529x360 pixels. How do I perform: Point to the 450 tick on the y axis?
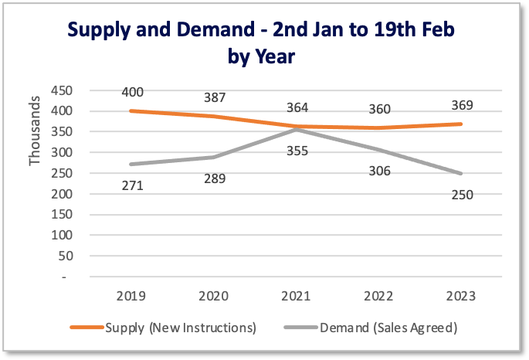[62, 91]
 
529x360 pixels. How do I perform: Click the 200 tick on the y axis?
[62, 194]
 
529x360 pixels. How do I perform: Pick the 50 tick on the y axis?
[66, 256]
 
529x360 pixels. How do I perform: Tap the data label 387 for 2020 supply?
[214, 98]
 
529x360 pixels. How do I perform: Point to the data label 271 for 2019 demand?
[132, 185]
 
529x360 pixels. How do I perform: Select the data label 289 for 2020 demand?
[215, 178]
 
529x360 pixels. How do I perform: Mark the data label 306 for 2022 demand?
[379, 172]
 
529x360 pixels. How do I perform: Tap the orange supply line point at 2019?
[132, 111]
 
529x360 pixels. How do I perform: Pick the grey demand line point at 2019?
[132, 165]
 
